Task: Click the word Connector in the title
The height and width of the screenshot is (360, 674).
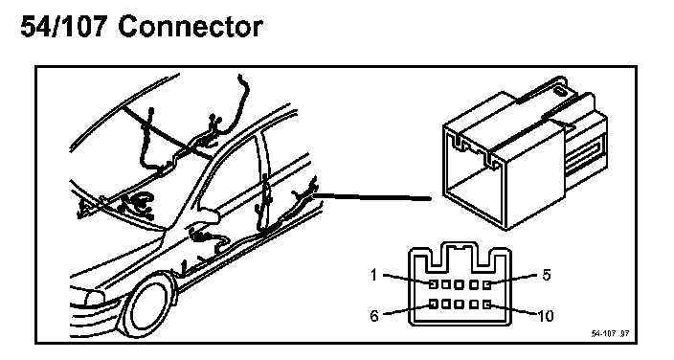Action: pyautogui.click(x=190, y=27)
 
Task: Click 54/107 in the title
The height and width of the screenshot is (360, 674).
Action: pyautogui.click(x=63, y=27)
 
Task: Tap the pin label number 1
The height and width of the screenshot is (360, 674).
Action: pyautogui.click(x=374, y=275)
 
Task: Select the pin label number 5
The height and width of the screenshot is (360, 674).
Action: pyautogui.click(x=547, y=275)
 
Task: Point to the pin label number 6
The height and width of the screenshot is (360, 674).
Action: pyautogui.click(x=374, y=316)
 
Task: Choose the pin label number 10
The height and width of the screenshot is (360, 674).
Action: pyautogui.click(x=546, y=316)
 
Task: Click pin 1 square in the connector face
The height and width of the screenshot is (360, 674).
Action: pyautogui.click(x=434, y=284)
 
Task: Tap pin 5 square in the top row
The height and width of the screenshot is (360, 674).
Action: pyautogui.click(x=486, y=284)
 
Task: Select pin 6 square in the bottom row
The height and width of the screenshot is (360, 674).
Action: pyautogui.click(x=434, y=304)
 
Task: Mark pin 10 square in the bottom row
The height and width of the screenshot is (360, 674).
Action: pyautogui.click(x=486, y=304)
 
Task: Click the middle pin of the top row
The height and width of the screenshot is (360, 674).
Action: pyautogui.click(x=460, y=284)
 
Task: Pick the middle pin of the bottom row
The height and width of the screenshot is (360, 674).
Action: pyautogui.click(x=460, y=304)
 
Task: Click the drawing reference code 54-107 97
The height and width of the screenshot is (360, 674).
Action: pyautogui.click(x=610, y=334)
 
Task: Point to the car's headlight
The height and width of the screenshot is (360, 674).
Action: pyautogui.click(x=90, y=297)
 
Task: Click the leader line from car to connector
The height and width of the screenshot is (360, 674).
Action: pyautogui.click(x=372, y=197)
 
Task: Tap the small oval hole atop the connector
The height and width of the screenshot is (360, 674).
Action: pyautogui.click(x=560, y=91)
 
